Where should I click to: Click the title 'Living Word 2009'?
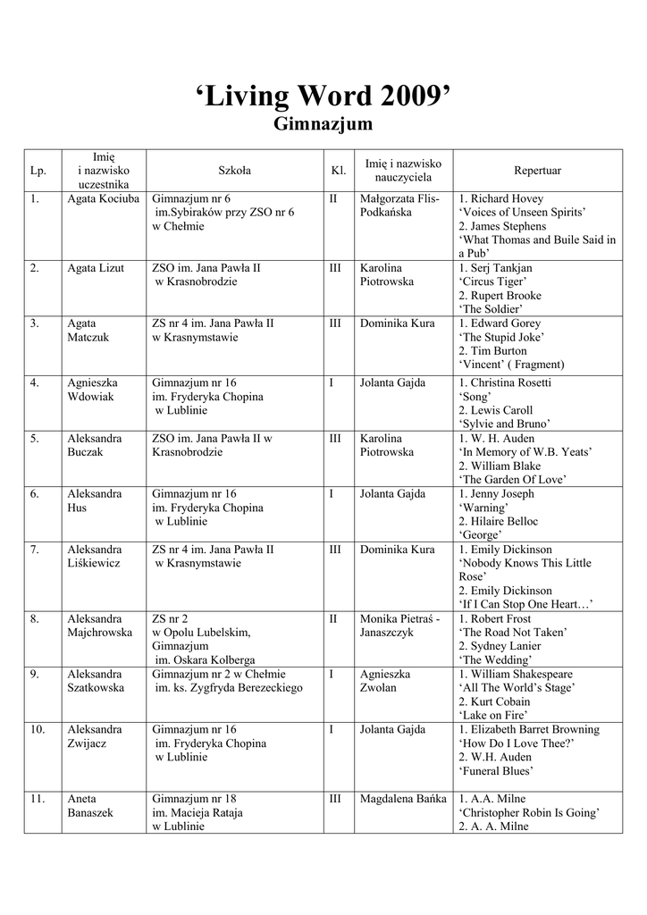point(323,96)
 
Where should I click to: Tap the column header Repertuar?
point(537,170)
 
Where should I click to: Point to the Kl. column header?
point(339,170)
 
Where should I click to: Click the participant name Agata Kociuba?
point(104,198)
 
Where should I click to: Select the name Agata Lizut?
point(96,268)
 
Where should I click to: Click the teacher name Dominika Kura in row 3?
point(397,323)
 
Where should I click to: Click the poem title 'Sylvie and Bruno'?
point(504,424)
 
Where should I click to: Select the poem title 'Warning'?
point(483,508)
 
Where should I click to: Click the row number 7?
point(35,549)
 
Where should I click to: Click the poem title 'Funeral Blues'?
point(496,770)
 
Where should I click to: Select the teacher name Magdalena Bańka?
point(402,799)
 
